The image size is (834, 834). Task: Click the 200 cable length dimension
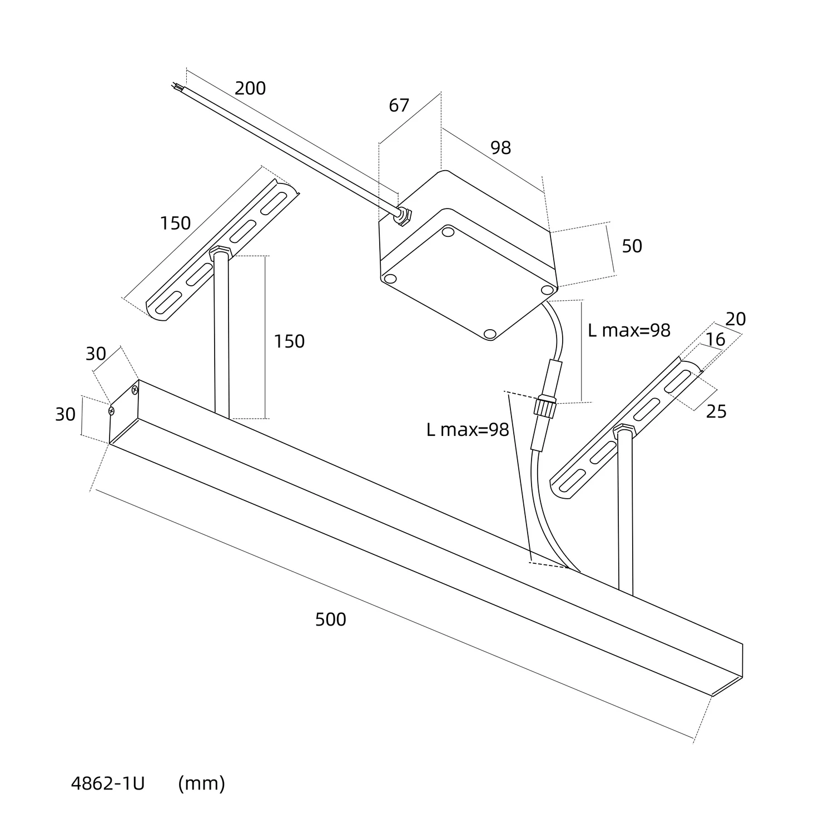point(250,88)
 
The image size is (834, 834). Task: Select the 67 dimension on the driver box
point(399,105)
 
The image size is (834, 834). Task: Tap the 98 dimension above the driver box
point(500,148)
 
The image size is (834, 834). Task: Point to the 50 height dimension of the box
point(632,246)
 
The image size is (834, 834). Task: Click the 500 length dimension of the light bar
point(330,619)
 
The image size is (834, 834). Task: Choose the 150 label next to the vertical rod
point(289,341)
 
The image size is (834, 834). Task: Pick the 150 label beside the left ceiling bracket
point(175,224)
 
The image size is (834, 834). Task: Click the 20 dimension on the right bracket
point(735,319)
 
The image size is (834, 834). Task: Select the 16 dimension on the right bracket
point(715,339)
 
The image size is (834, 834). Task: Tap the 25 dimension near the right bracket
point(716,411)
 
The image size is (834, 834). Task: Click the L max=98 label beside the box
point(629,330)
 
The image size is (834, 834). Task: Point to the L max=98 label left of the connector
point(468,430)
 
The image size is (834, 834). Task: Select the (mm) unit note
point(201,783)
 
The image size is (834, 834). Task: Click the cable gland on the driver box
point(401,216)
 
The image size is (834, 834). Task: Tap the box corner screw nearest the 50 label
point(547,290)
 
